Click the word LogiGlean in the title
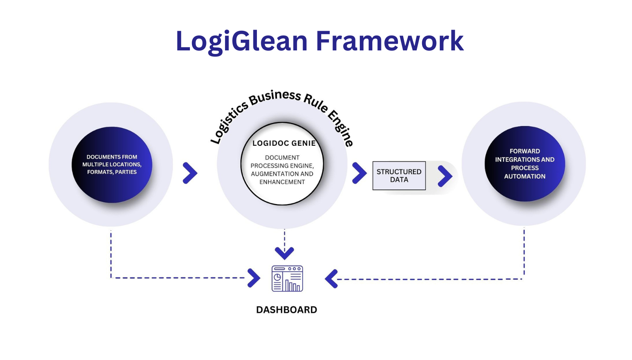point(241,41)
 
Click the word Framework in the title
point(390,41)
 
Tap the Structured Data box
point(399,176)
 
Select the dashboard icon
point(287,278)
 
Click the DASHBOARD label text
point(286,310)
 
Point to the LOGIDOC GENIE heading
point(284,143)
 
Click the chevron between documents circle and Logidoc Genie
point(190,173)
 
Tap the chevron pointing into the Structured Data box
point(359,173)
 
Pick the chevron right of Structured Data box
point(445,176)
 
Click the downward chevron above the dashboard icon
point(284,252)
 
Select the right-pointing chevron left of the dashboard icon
point(254,278)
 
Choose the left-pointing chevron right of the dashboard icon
point(331,279)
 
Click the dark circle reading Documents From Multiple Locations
point(112,165)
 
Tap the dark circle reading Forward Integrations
point(525,164)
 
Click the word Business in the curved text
point(275,97)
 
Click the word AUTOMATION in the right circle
point(525,176)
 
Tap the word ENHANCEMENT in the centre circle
point(282,182)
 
